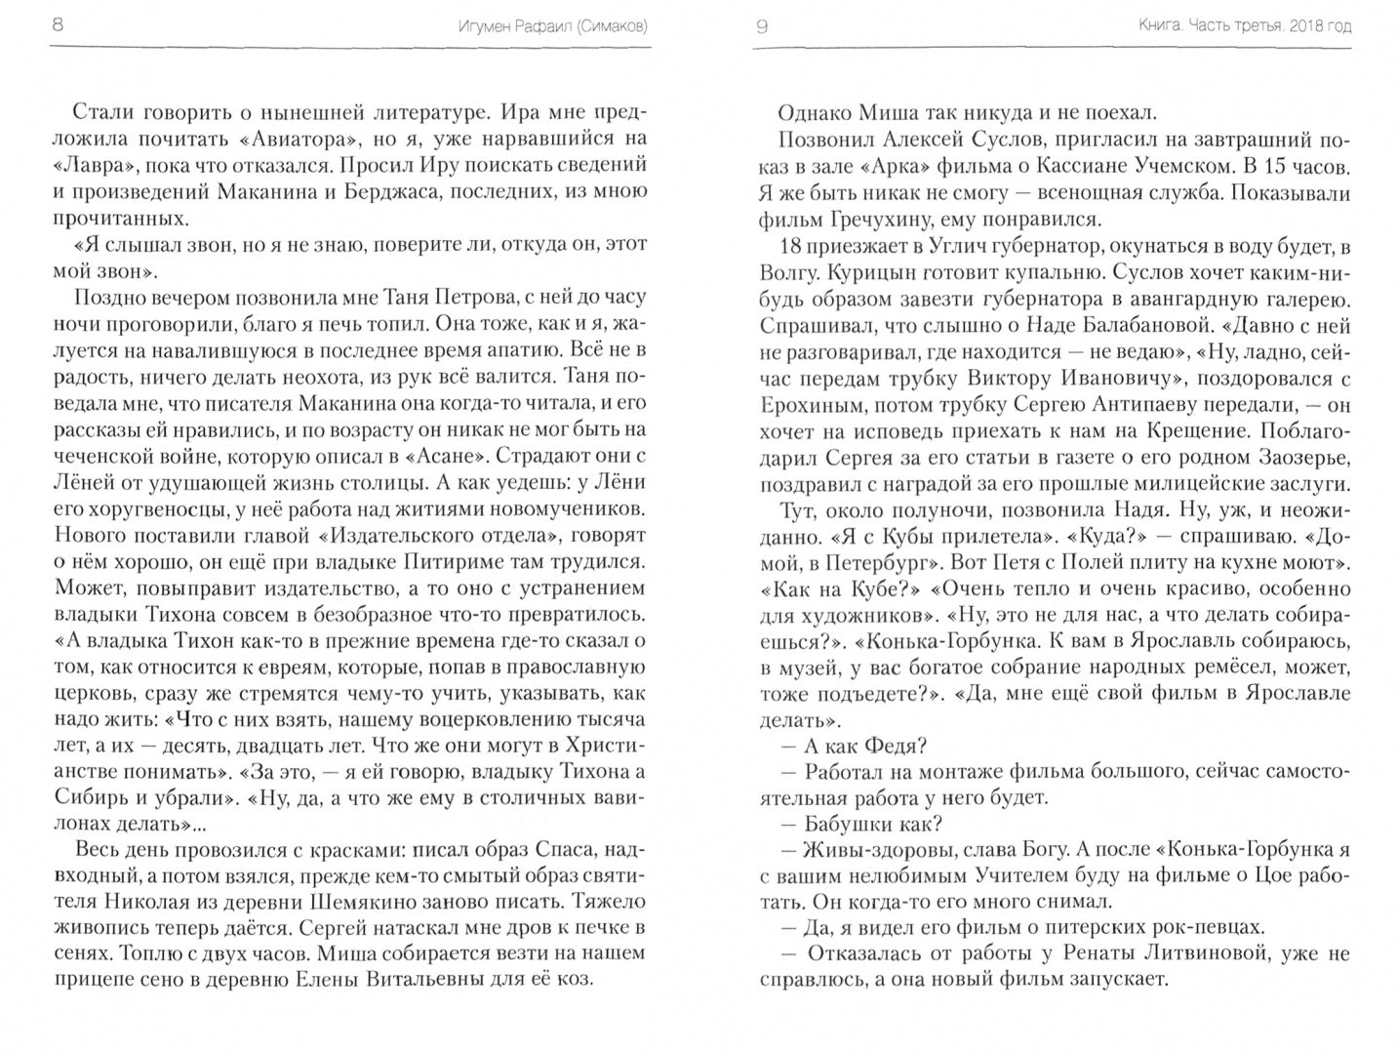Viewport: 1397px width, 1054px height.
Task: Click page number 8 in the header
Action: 57,26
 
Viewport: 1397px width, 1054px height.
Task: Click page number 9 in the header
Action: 762,26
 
